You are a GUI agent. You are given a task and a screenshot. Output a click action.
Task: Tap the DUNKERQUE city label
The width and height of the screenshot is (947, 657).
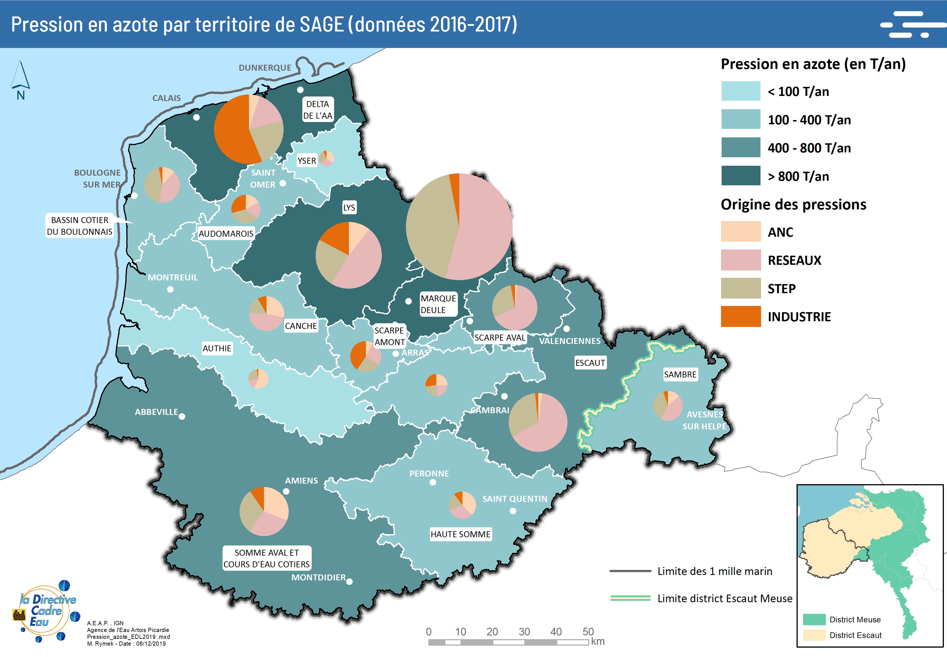[265, 68]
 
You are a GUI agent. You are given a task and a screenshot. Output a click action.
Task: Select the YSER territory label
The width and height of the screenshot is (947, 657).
[307, 161]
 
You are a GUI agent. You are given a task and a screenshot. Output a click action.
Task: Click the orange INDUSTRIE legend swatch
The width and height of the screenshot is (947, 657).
[740, 316]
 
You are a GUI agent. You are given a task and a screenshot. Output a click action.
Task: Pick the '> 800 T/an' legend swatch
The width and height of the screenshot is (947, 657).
[740, 176]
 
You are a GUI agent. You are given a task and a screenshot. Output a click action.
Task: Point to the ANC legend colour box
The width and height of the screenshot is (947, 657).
[740, 232]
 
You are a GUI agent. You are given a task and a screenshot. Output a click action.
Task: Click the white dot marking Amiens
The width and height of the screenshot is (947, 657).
[286, 491]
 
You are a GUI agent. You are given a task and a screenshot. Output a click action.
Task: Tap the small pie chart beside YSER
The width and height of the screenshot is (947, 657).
[326, 158]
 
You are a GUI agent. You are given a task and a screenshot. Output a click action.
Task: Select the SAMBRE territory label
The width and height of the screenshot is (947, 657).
[680, 374]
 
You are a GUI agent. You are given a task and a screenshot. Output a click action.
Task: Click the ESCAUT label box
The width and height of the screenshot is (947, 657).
[590, 363]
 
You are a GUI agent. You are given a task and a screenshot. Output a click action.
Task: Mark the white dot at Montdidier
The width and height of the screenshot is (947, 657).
[349, 582]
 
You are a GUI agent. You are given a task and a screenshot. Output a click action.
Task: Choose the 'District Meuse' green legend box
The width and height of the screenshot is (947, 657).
[814, 619]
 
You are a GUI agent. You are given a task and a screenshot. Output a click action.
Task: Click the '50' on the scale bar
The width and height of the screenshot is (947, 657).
[588, 631]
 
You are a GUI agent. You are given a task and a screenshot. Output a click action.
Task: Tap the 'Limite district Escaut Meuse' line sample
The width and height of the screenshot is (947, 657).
[630, 598]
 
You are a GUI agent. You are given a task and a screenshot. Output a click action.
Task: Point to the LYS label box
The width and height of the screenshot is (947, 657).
[349, 207]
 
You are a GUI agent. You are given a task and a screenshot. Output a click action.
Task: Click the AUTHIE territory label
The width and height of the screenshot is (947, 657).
[217, 348]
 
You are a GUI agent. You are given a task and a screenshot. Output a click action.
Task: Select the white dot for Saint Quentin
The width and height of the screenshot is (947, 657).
[513, 511]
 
